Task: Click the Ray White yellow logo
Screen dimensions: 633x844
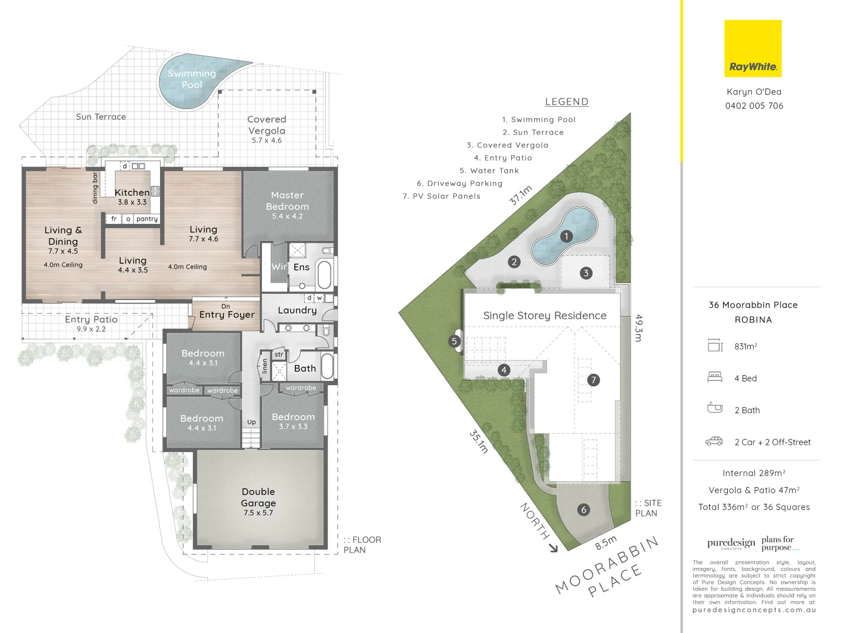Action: coord(753,49)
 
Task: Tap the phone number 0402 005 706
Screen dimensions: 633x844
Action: coord(754,106)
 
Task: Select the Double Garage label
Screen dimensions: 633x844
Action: coord(258,501)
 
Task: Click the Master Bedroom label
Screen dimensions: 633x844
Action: coord(287,205)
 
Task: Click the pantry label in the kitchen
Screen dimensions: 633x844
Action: coord(147,219)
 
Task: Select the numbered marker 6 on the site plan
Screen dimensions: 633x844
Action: coord(583,510)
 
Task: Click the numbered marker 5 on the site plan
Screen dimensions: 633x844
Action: coord(454,341)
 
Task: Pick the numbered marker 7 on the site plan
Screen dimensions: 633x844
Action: coord(593,380)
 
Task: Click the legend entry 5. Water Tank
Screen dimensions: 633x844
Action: coord(489,171)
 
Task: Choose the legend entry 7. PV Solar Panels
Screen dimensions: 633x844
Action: coord(441,196)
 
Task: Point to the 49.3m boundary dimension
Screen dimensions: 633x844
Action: coord(639,328)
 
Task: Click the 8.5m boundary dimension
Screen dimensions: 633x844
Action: coord(606,542)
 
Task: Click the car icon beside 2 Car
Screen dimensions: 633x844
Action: coord(714,441)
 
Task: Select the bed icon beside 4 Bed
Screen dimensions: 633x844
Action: coord(714,377)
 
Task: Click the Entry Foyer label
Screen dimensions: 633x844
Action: coord(227,315)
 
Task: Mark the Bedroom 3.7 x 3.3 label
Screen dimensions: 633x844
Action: coord(293,421)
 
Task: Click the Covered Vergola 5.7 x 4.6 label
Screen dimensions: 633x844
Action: coord(267,129)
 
